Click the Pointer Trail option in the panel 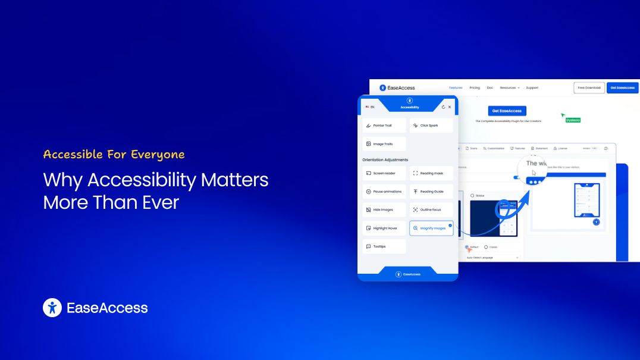click(x=384, y=126)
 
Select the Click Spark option click(x=431, y=126)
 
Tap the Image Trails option click(x=384, y=144)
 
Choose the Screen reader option click(x=384, y=173)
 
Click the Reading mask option click(x=431, y=173)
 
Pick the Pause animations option click(x=384, y=192)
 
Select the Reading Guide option click(x=431, y=192)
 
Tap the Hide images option click(x=384, y=209)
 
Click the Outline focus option click(x=431, y=209)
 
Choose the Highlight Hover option click(x=384, y=228)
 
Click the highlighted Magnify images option click(x=431, y=228)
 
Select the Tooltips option click(x=384, y=246)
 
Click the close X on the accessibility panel click(x=450, y=107)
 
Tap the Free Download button click(x=589, y=88)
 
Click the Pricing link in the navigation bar click(x=474, y=87)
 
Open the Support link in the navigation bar click(x=532, y=87)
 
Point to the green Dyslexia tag click(x=573, y=120)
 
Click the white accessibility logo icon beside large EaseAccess click(x=52, y=308)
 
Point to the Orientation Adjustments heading click(x=385, y=159)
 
